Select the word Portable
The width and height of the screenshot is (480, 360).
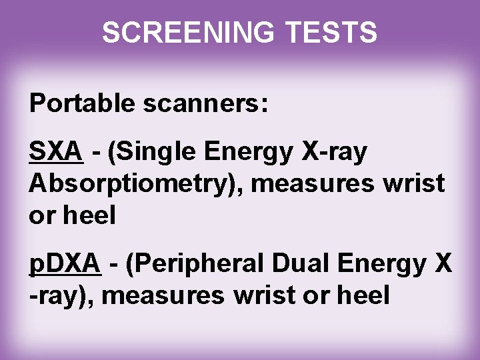tap(74, 105)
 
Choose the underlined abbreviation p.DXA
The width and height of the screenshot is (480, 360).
tap(65, 266)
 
